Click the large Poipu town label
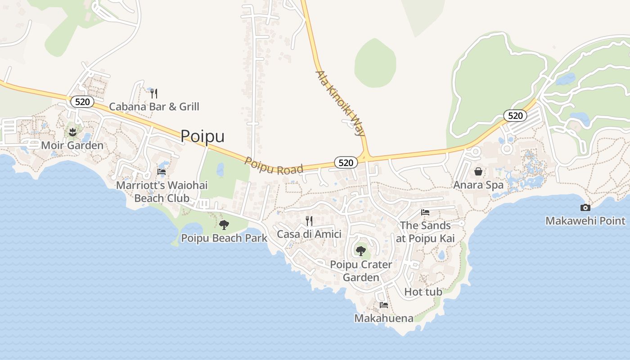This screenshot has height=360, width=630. coord(202,136)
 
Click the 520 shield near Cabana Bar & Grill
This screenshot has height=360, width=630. coord(82,102)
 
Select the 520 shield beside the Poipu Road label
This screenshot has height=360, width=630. coord(346,162)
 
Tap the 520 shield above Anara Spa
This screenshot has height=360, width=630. coord(515,116)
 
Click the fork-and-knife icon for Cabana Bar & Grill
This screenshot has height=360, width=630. coord(154,93)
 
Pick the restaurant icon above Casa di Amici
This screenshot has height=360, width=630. coord(309,220)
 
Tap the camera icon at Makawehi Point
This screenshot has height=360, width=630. coord(585,207)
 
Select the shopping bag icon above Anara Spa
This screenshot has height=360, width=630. coord(478,171)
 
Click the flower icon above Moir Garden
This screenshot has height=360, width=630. coord(72,132)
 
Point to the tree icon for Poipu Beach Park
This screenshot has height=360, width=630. coord(224,225)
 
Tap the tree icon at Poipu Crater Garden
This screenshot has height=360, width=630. coord(361,251)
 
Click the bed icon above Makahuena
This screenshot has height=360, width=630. coord(384,305)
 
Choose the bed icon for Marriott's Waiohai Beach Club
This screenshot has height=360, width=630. coord(162,171)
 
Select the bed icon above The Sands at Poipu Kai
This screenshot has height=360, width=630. coord(425,212)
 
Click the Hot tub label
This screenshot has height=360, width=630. coord(423,292)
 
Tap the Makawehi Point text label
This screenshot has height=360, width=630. coord(585,220)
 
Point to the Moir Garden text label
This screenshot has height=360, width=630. coord(72,145)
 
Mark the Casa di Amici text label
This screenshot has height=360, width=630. coord(309,234)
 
